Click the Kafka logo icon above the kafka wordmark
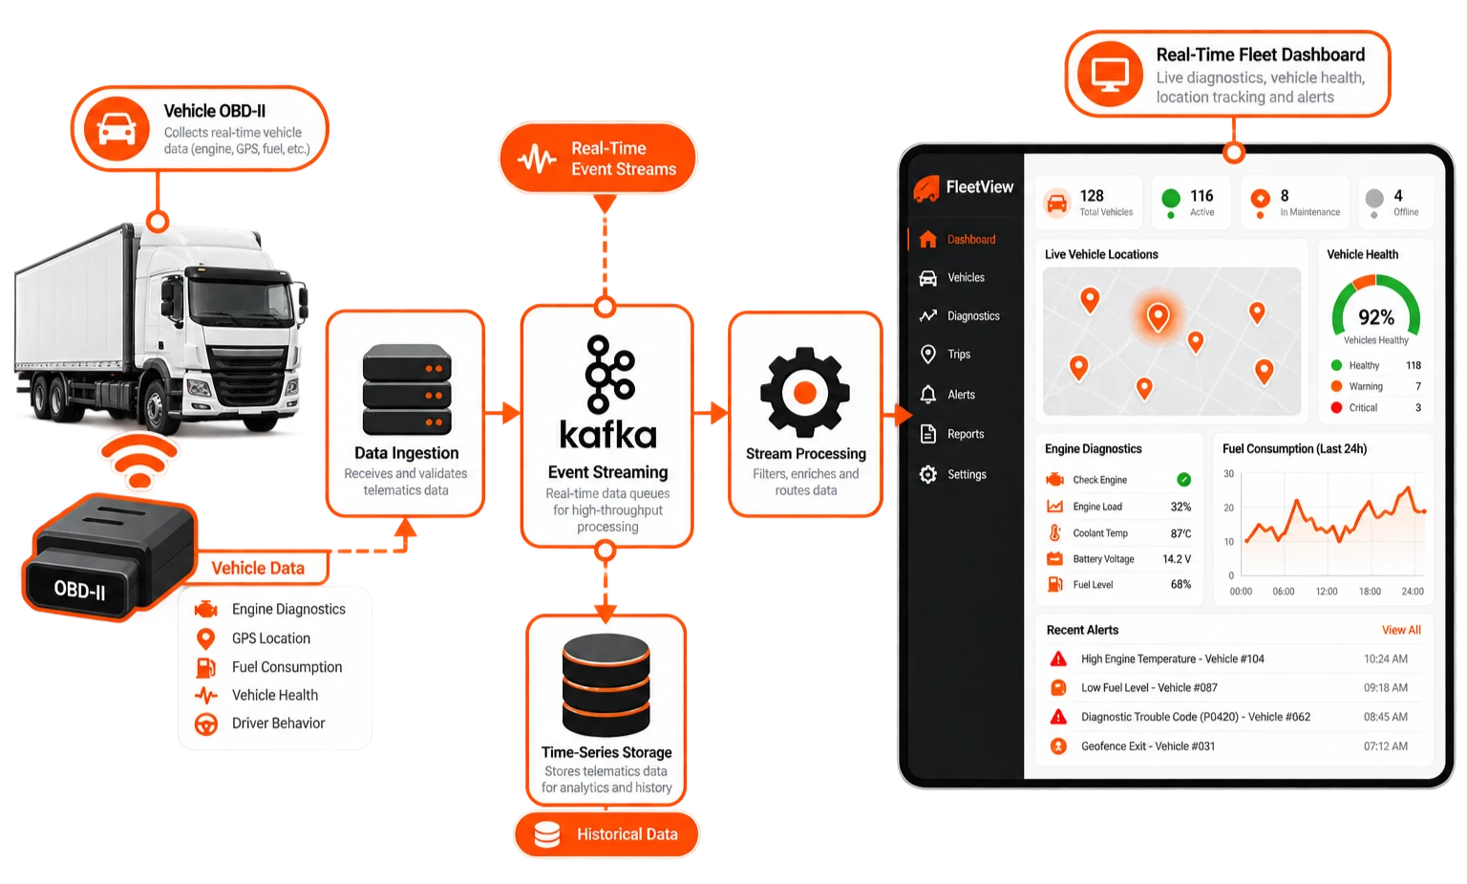(609, 375)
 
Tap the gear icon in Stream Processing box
(805, 393)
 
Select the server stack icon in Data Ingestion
(407, 389)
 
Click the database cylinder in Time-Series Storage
(606, 685)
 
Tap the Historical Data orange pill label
(606, 834)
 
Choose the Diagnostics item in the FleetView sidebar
(973, 316)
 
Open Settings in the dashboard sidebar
(967, 474)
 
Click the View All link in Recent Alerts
(1401, 630)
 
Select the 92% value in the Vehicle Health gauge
(1376, 317)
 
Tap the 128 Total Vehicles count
(1092, 195)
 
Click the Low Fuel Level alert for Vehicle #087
(1149, 687)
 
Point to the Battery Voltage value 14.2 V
(1177, 559)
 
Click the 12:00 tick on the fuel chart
(1327, 591)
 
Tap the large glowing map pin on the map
(1158, 317)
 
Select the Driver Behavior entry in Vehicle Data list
(278, 722)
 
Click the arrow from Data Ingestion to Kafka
(503, 413)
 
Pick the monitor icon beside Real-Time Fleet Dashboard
(1110, 74)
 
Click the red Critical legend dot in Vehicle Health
(1336, 408)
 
